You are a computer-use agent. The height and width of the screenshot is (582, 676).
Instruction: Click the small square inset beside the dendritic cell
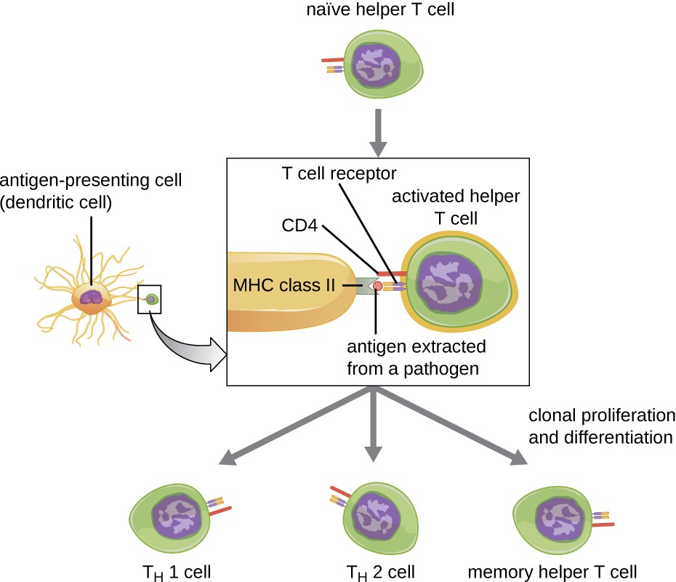point(150,299)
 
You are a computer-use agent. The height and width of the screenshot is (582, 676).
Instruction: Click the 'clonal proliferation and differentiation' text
point(601,426)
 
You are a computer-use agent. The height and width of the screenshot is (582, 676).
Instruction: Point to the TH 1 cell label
point(173,570)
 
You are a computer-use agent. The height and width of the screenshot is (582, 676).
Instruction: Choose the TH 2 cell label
point(374,570)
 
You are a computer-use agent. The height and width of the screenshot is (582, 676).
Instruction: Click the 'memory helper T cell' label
point(552,570)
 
